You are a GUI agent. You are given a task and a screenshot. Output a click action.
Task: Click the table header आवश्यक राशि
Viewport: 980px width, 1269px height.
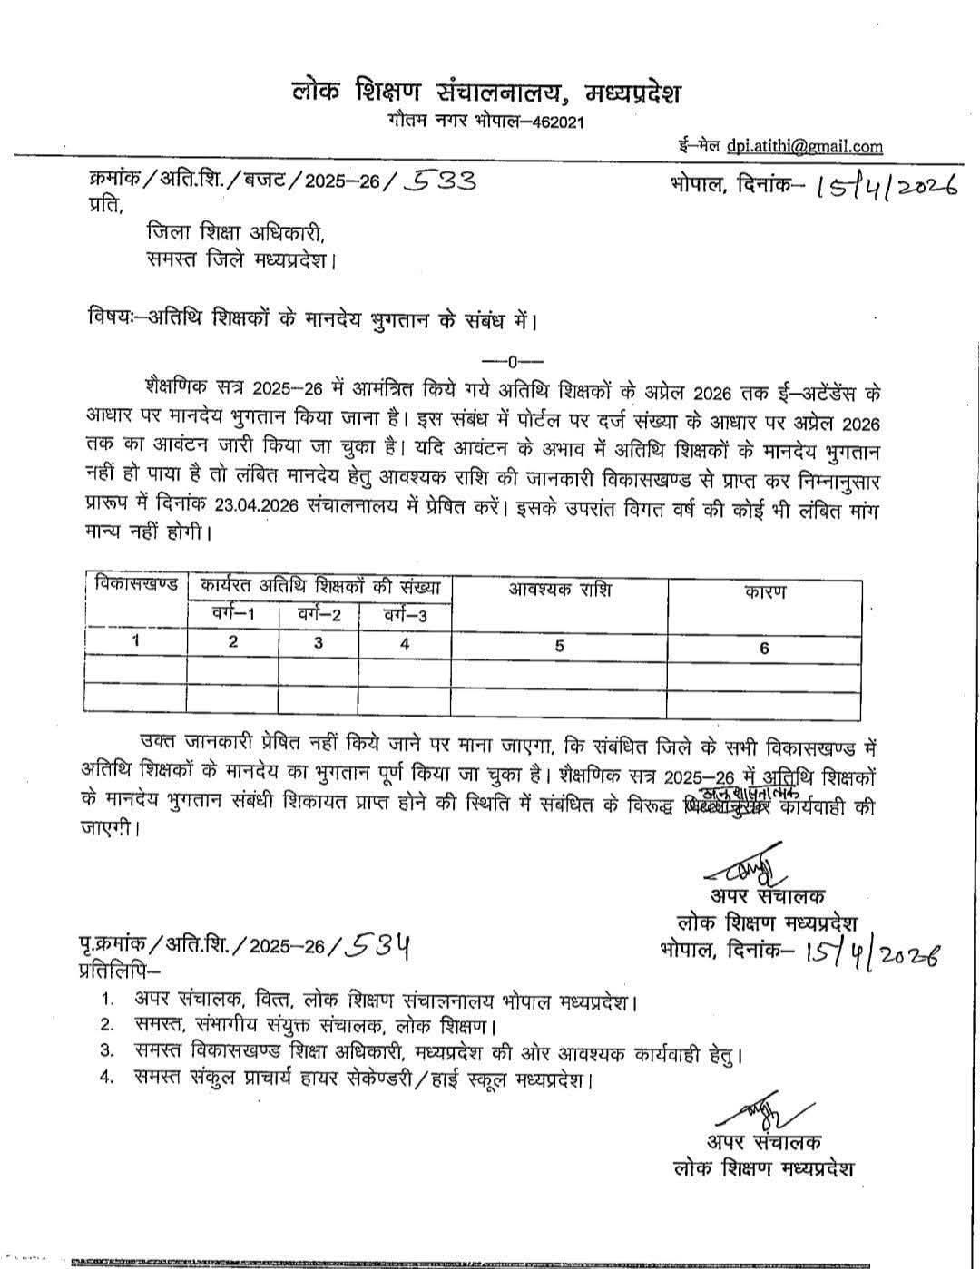[x=560, y=590]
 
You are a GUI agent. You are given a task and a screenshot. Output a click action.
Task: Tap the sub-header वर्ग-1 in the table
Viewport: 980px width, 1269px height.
[x=232, y=616]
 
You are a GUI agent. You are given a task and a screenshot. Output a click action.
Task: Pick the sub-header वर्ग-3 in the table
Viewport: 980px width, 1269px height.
[x=405, y=616]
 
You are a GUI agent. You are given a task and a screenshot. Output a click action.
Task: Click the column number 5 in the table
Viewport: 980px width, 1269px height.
[x=560, y=646]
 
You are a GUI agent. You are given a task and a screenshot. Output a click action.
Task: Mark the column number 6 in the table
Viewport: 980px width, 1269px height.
[x=764, y=648]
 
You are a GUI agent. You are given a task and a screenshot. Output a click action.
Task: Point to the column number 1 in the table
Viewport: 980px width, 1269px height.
[x=135, y=640]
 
